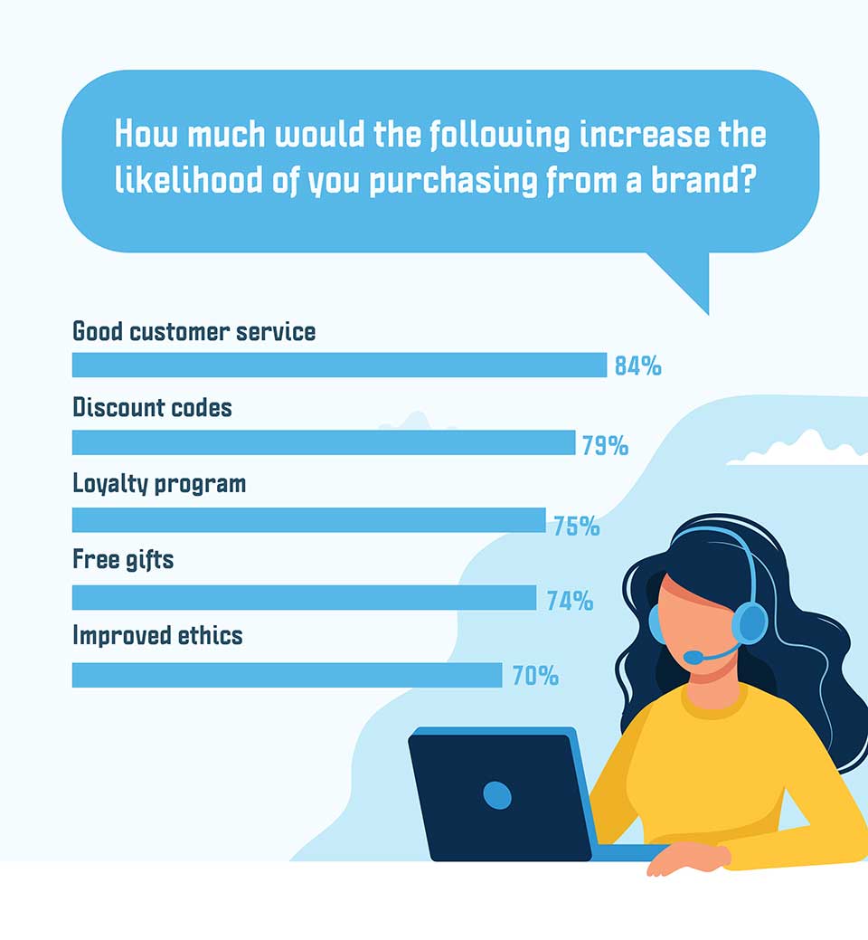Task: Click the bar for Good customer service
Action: pos(339,366)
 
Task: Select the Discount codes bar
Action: pos(324,442)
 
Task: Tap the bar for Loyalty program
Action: pos(308,519)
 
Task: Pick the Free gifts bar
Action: pos(304,597)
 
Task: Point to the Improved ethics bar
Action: pos(287,675)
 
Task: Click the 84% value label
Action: pos(638,366)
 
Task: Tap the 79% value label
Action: pos(605,445)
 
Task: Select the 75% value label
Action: pos(576,526)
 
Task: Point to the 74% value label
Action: pos(570,600)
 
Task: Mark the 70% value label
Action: pos(535,676)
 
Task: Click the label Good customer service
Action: pos(194,331)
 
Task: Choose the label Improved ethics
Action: pos(157,635)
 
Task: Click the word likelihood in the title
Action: pos(189,179)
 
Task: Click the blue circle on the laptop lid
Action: pos(497,795)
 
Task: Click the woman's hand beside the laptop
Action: pos(689,858)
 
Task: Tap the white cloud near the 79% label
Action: pos(797,449)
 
